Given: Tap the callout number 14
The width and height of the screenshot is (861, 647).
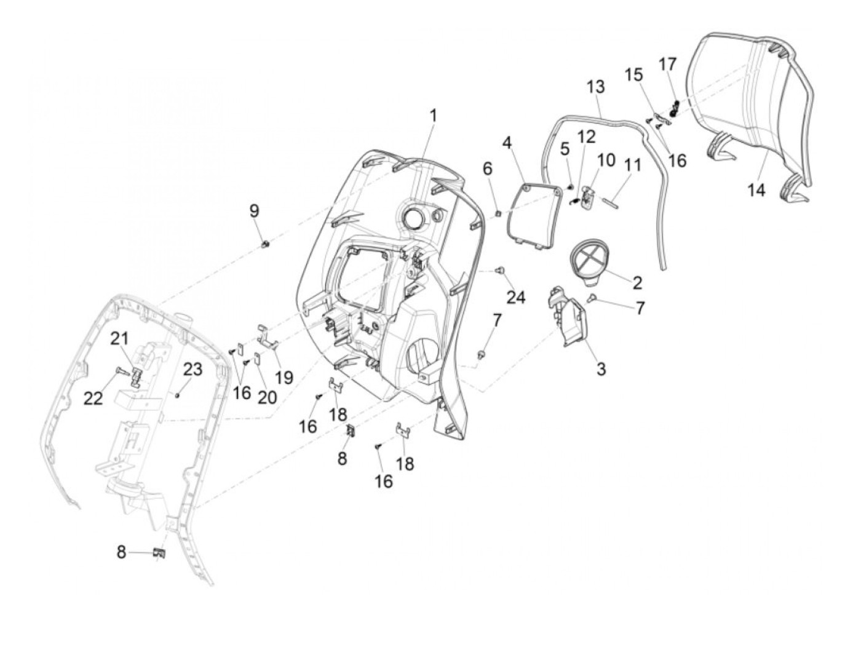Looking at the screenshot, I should tap(756, 190).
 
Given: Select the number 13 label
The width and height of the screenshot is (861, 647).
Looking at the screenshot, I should tap(595, 87).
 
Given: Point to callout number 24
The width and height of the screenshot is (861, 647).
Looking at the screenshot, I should tap(516, 298).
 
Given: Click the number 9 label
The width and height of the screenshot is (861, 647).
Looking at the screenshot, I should tap(254, 211).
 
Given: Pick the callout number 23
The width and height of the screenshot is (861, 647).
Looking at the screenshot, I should tap(192, 369).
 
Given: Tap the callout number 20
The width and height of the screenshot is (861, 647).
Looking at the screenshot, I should tap(267, 398).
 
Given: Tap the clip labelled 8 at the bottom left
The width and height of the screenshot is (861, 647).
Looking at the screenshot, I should tap(159, 553).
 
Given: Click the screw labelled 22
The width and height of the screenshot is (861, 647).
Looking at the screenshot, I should tap(121, 371).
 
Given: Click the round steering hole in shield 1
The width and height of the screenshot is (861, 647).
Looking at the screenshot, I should tap(411, 218).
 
